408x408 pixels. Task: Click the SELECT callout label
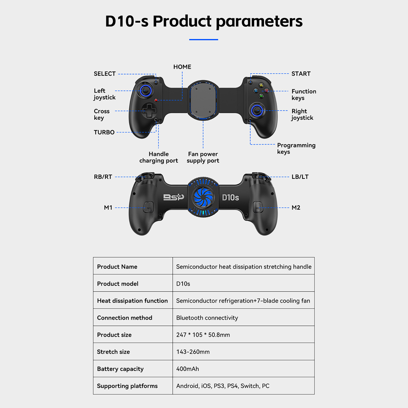point(105,74)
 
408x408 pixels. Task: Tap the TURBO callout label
point(104,132)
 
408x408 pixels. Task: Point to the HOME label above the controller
point(182,67)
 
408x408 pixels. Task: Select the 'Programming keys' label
point(296,148)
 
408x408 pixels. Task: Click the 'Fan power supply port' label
point(203,157)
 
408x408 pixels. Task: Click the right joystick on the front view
point(257,110)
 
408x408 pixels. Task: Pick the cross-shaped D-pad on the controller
point(149,110)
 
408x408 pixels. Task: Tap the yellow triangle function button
point(261,85)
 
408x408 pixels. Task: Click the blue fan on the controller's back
point(203,197)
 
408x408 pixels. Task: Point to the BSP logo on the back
point(174,197)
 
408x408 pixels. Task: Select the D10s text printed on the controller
point(230,198)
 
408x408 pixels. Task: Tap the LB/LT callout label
point(300,177)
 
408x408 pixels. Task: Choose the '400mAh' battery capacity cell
point(187,369)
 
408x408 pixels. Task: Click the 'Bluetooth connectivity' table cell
point(207,318)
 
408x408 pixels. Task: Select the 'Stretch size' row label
point(113,352)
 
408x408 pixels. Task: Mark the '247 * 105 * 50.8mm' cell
point(203,335)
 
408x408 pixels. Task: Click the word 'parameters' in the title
point(259,22)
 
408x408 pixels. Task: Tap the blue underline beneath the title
point(203,40)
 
